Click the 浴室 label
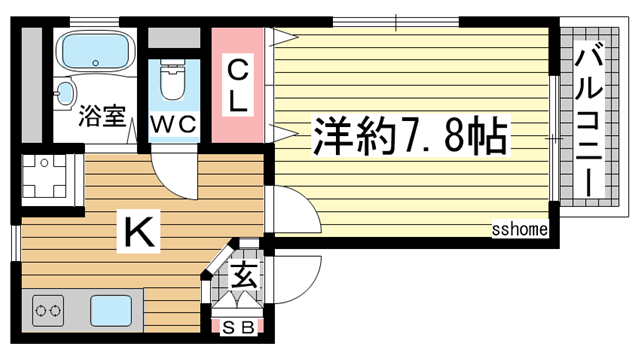[x=101, y=116]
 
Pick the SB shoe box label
[x=238, y=325]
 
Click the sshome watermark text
[x=519, y=230]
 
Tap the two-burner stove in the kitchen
[x=48, y=312]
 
